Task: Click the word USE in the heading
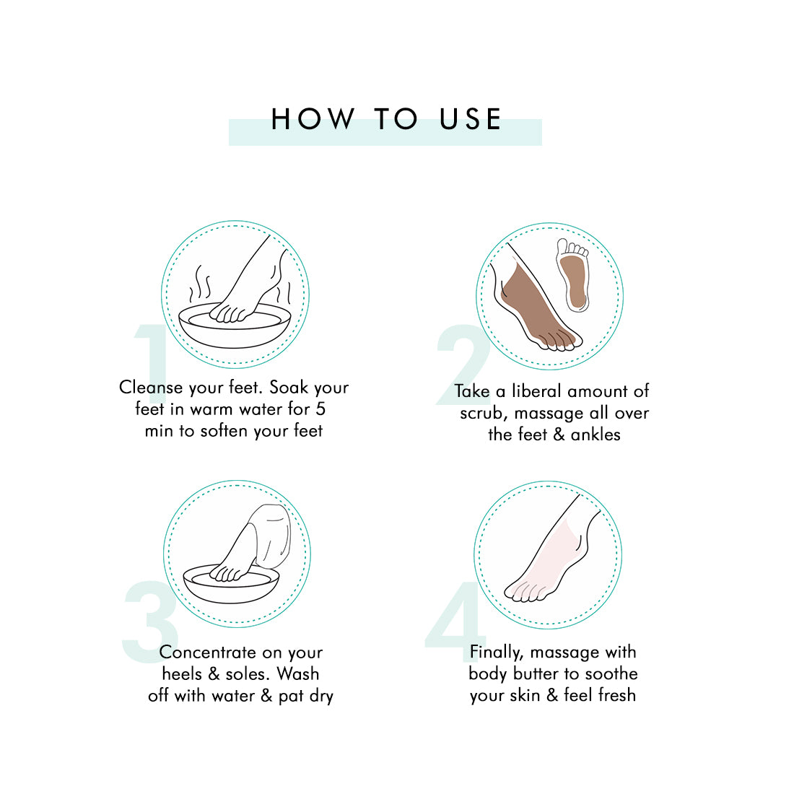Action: pos(471,120)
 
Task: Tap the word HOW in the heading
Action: pos(313,120)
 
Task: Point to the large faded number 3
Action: pos(150,621)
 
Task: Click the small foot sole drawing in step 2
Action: pos(572,274)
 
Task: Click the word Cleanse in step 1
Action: pos(151,388)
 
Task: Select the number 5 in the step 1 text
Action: pos(320,409)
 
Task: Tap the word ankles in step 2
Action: pos(595,435)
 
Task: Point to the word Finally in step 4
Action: pos(497,653)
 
